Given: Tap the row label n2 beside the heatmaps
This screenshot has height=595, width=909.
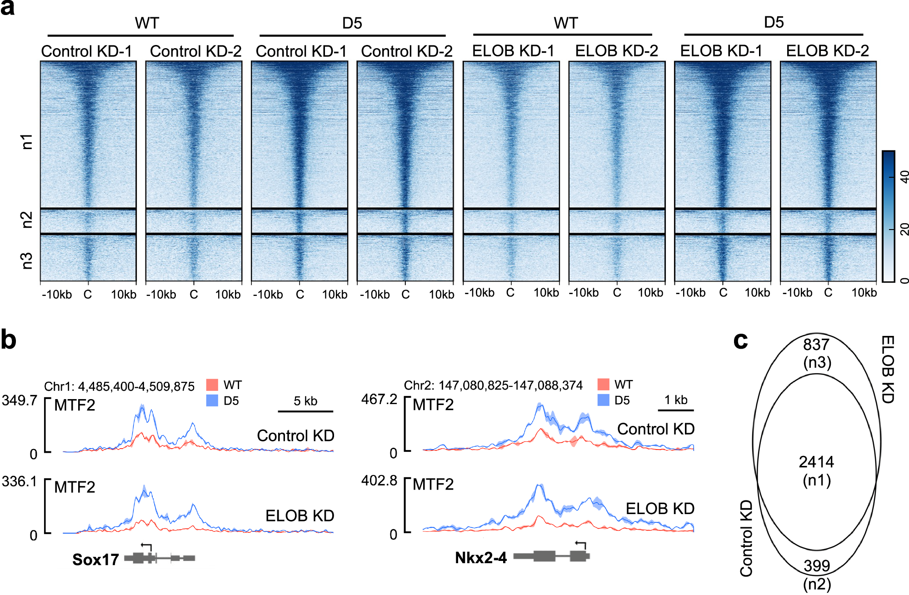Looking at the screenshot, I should (27, 220).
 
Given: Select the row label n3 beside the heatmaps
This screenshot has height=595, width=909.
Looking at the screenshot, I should (27, 260).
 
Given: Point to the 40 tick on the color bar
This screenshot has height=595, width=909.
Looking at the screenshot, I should (904, 176).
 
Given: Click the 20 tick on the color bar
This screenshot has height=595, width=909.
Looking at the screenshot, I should (904, 229).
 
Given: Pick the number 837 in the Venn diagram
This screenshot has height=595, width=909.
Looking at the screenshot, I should (816, 345).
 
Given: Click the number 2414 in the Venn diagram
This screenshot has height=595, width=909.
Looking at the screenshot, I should (816, 462).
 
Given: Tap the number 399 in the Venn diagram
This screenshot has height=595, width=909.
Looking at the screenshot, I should (816, 565).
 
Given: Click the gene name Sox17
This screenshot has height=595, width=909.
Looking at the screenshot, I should (95, 559).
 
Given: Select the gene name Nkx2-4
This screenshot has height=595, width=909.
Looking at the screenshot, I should (481, 558).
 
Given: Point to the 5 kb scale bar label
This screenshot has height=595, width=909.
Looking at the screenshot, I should (305, 401).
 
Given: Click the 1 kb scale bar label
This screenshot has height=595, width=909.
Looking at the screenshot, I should (676, 400).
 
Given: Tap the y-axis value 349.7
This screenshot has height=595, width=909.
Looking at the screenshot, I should (19, 400).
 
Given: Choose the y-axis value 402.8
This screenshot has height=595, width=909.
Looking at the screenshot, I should (379, 480).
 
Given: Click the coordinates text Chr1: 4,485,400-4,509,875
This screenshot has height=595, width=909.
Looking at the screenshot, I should (119, 386).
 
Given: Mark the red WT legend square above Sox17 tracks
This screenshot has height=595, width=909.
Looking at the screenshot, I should (212, 385).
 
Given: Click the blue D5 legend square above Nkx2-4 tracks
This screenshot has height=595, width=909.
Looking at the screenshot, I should (603, 400).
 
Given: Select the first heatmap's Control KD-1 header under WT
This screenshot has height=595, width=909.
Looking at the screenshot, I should (86, 51).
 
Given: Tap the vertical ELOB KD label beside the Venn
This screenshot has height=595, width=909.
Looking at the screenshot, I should (888, 369).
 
